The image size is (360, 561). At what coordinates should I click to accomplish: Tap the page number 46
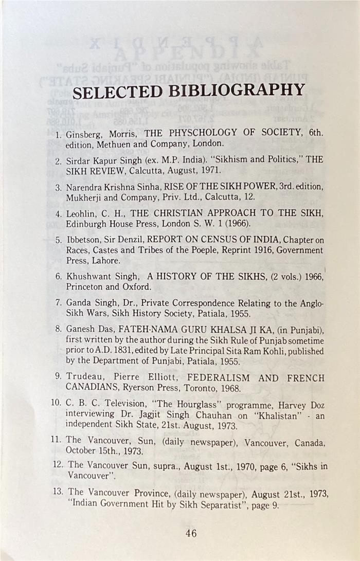tap(191, 534)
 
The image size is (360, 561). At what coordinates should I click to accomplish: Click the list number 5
tap(59, 240)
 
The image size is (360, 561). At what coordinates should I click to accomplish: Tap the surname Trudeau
tap(85, 377)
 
